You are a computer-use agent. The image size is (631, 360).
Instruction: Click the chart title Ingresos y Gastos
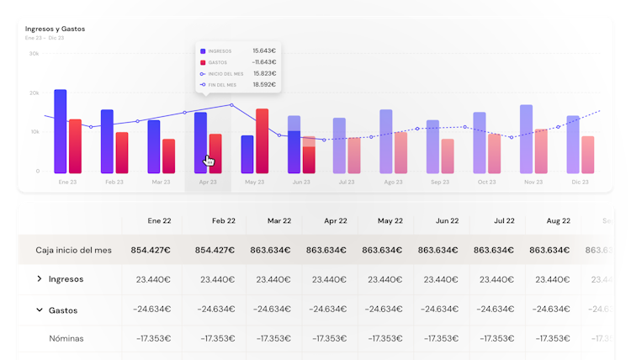[55, 29]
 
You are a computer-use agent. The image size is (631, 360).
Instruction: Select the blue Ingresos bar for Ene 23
[61, 130]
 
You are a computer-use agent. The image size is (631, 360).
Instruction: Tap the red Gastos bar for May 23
[262, 140]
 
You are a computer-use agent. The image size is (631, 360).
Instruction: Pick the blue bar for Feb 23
[107, 140]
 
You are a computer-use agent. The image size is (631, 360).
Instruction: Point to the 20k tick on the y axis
[34, 93]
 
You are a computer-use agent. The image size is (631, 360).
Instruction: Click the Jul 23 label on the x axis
[346, 182]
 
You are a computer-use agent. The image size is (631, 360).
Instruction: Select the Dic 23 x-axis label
[580, 182]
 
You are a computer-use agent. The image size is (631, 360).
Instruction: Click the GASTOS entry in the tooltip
[217, 62]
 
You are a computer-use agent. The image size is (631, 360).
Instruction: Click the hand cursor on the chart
[209, 160]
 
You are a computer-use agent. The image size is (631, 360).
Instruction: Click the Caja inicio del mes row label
[73, 251]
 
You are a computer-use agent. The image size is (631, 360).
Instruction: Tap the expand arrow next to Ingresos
[39, 279]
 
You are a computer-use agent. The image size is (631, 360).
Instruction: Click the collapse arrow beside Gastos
[39, 310]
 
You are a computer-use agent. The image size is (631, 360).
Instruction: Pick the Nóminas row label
[66, 339]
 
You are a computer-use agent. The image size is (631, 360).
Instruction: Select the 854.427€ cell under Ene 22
[151, 251]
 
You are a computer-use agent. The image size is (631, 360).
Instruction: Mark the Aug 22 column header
[559, 221]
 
